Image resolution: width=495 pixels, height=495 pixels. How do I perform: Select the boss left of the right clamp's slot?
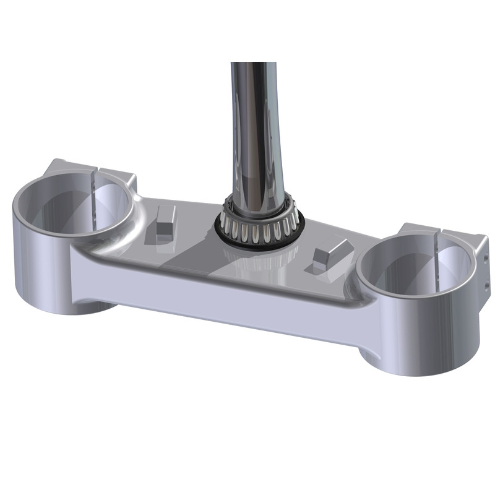(415, 232)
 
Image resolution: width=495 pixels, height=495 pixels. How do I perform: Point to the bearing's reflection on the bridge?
(260, 260)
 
